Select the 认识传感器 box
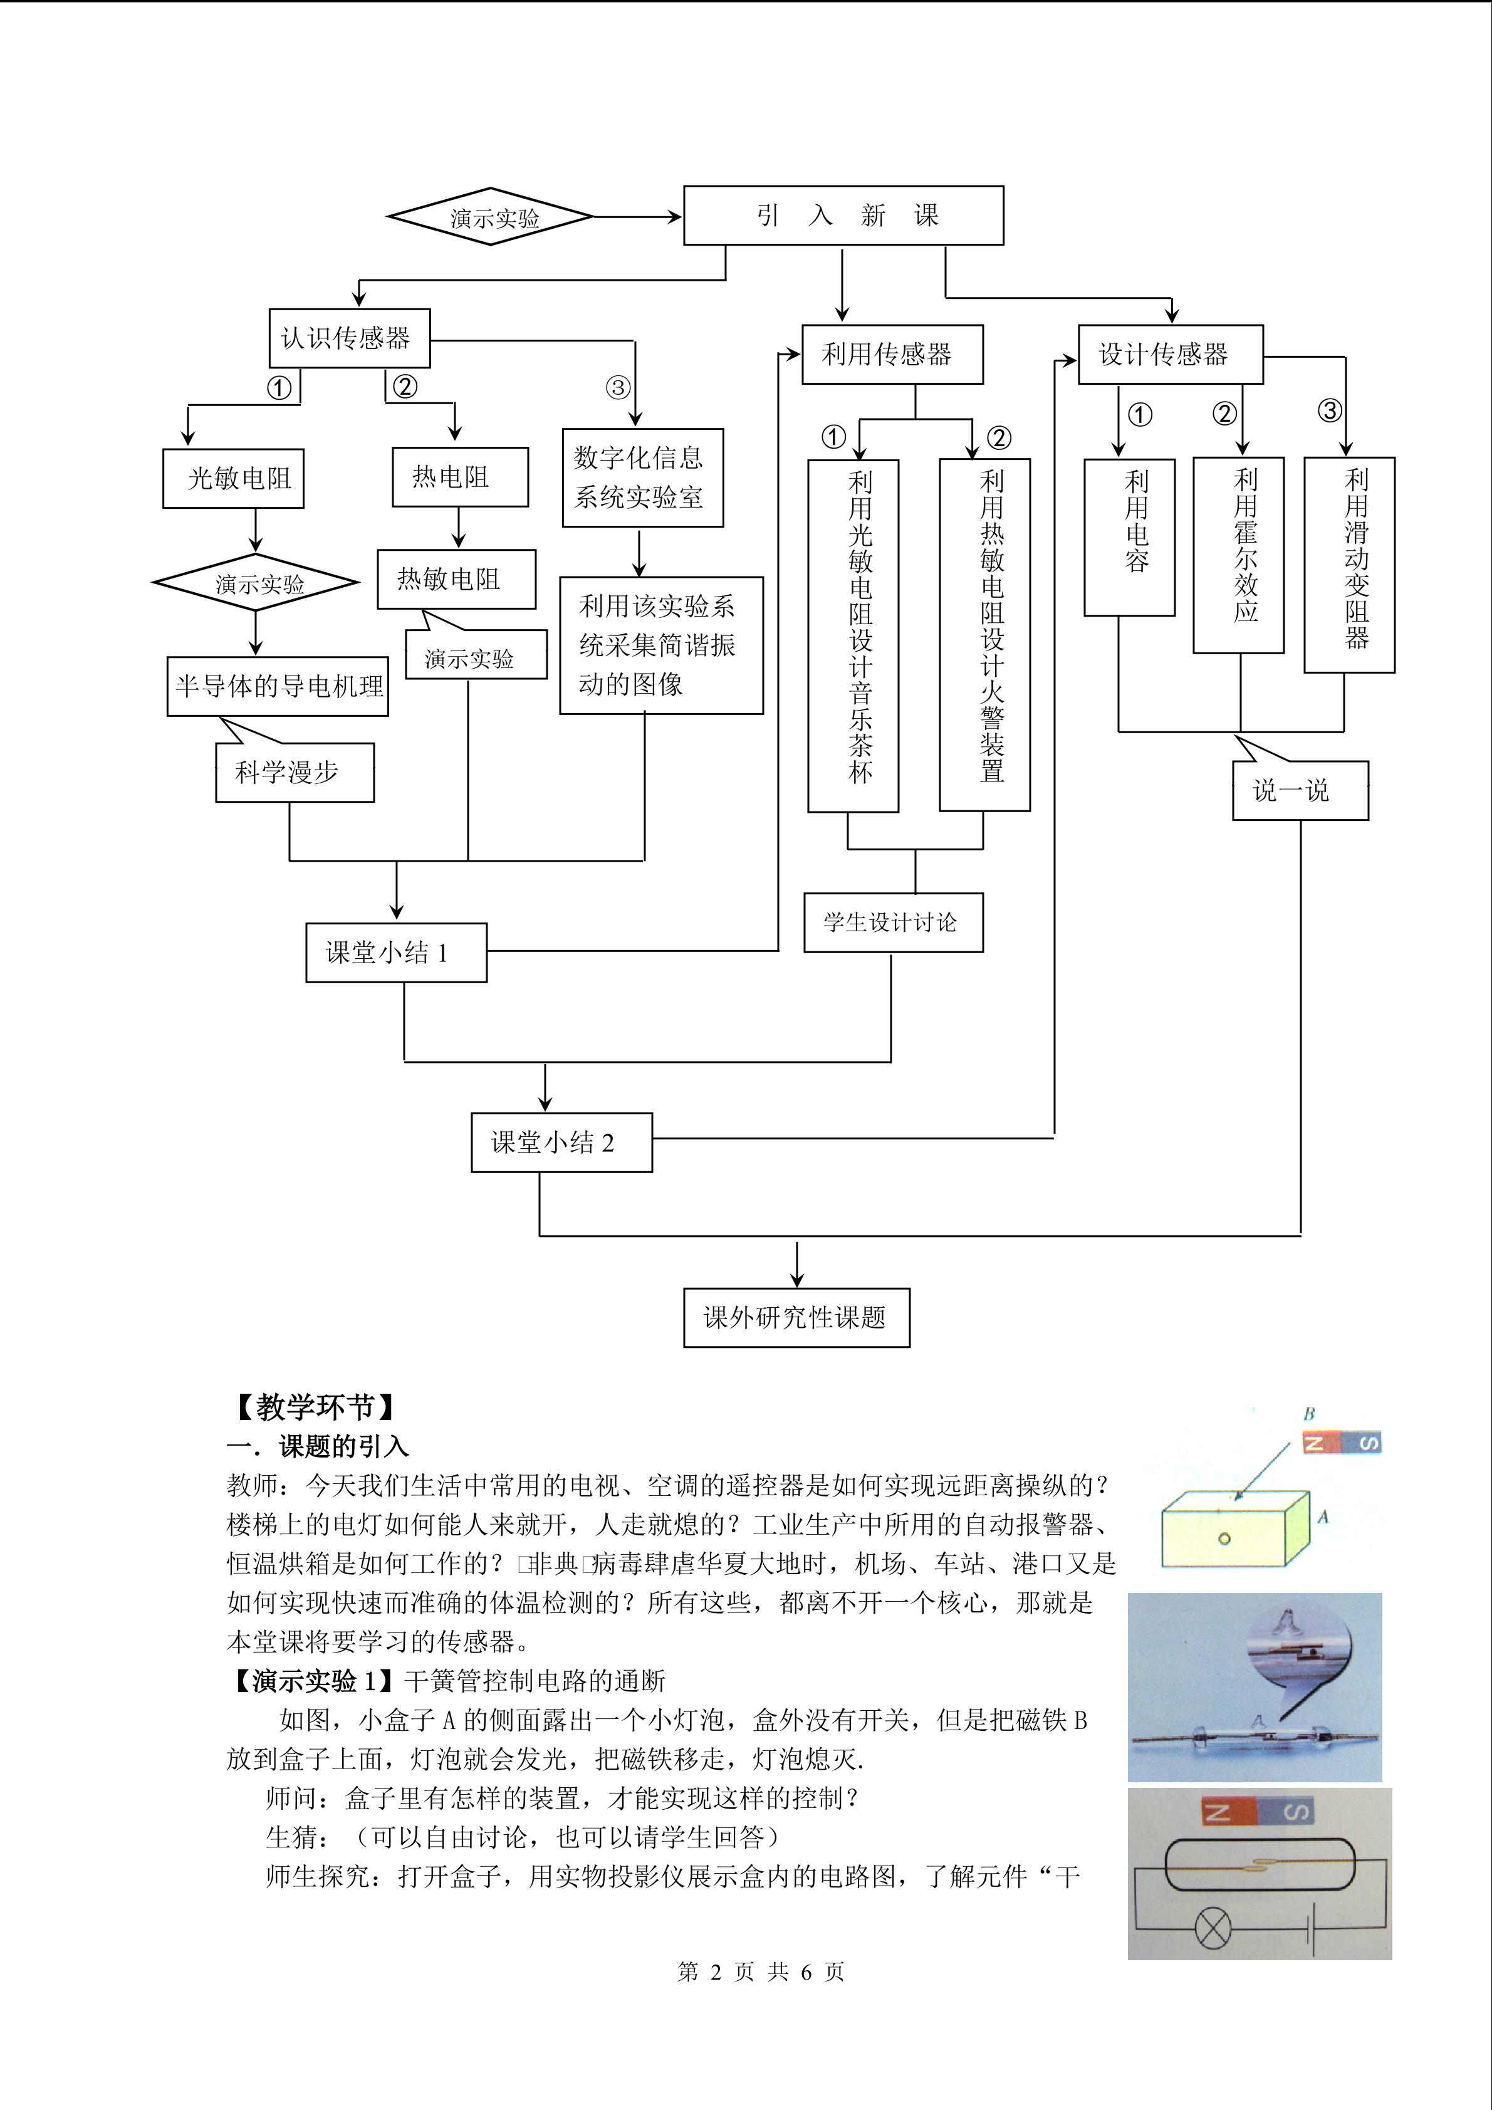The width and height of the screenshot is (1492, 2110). (349, 338)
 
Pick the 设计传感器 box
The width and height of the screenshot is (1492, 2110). (1169, 354)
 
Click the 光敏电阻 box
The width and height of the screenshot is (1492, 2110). (233, 478)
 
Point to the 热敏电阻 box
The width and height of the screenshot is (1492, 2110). (456, 579)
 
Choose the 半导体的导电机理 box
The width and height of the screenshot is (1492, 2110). (278, 686)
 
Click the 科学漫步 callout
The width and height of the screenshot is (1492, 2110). (294, 772)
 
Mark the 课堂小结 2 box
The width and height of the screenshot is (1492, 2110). (561, 1142)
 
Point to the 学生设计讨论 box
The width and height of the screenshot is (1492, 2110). (892, 922)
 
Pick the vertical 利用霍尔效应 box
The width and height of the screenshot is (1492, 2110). (1238, 555)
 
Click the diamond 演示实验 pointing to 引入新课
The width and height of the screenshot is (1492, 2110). (491, 217)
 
